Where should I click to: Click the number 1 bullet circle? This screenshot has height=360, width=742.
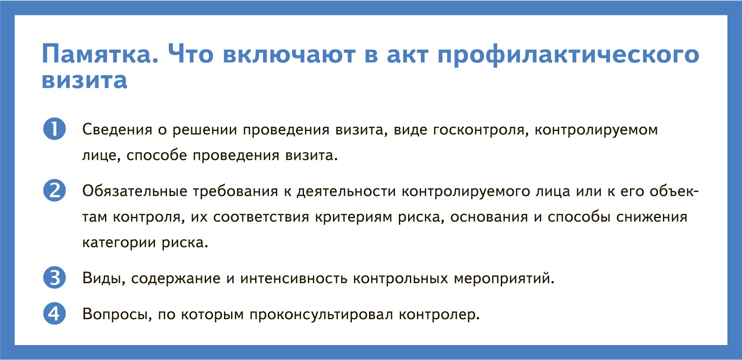pyautogui.click(x=54, y=129)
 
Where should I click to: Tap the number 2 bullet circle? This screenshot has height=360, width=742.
pyautogui.click(x=54, y=191)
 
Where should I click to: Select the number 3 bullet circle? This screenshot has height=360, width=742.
pyautogui.click(x=54, y=277)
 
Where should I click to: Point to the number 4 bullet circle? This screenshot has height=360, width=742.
pyautogui.click(x=54, y=313)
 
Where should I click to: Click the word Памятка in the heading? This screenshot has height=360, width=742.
pyautogui.click(x=100, y=54)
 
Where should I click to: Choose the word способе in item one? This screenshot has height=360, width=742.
pyautogui.click(x=157, y=155)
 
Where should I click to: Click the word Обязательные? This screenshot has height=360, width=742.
pyautogui.click(x=135, y=191)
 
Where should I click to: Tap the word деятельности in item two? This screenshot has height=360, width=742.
pyautogui.click(x=346, y=192)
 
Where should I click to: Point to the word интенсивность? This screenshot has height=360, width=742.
pyautogui.click(x=294, y=278)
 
